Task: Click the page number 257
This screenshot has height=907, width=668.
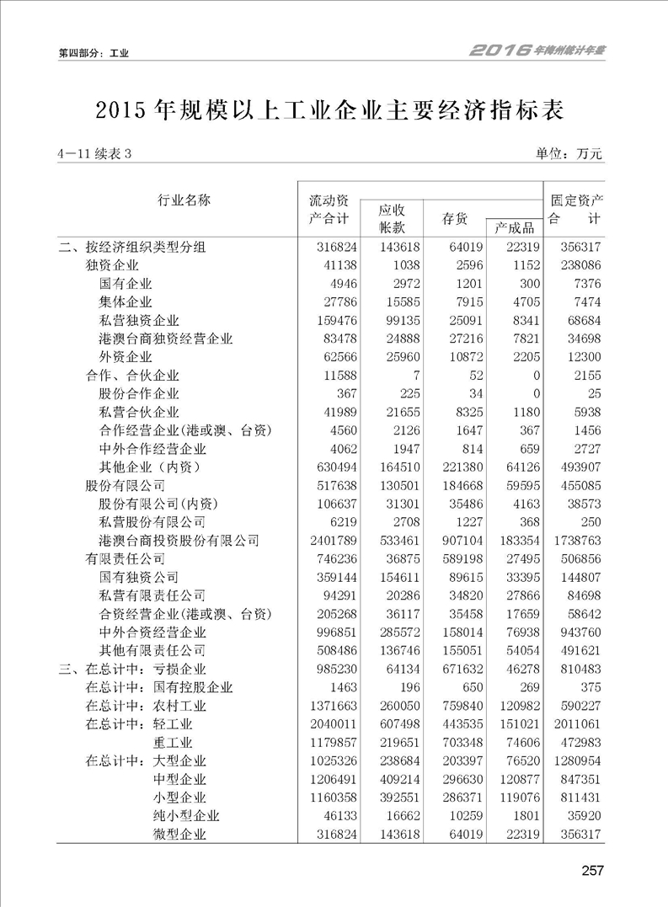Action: tap(591, 871)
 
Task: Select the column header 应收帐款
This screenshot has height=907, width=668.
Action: tap(392, 218)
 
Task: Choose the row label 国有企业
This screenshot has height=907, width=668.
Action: tap(126, 284)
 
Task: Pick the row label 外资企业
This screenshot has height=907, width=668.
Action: tap(126, 357)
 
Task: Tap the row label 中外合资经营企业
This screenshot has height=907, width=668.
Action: tap(152, 632)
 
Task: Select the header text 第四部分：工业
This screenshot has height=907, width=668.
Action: tap(93, 53)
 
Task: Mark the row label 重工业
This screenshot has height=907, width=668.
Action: tap(173, 743)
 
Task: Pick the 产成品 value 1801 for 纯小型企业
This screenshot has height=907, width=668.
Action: tap(523, 816)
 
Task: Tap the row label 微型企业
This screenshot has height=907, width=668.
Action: tap(179, 835)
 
